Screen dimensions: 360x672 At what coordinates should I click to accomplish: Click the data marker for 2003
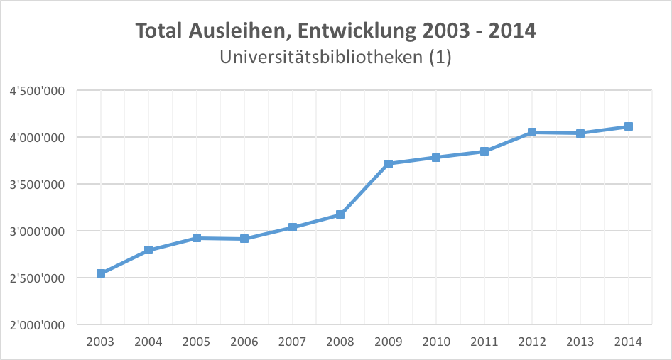pyautogui.click(x=101, y=273)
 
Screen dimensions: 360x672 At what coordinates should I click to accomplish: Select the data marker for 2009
pyautogui.click(x=389, y=164)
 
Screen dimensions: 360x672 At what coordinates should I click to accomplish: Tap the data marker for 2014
pyautogui.click(x=628, y=126)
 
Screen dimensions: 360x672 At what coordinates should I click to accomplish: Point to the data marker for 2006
pyautogui.click(x=244, y=239)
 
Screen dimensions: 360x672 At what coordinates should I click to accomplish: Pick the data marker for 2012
pyautogui.click(x=532, y=132)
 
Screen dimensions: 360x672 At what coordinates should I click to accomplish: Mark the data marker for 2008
pyautogui.click(x=340, y=214)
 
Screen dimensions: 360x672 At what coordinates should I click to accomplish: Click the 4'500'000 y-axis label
pyautogui.click(x=38, y=90)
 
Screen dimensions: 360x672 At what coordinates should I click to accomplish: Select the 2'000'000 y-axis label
pyautogui.click(x=38, y=325)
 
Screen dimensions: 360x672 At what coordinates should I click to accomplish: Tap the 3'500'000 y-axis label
pyautogui.click(x=38, y=185)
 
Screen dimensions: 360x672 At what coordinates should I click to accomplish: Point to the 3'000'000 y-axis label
pyautogui.click(x=38, y=231)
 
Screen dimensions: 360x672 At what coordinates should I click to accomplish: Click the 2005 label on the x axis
pyautogui.click(x=197, y=342)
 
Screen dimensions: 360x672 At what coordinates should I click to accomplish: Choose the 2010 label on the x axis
pyautogui.click(x=436, y=342)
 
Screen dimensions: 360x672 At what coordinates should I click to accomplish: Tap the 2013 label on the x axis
pyautogui.click(x=580, y=342)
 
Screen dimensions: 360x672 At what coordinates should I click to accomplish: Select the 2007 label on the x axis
pyautogui.click(x=293, y=342)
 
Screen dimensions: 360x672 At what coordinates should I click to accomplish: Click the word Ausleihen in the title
pyautogui.click(x=239, y=32)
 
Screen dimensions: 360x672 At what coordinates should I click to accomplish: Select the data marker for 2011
pyautogui.click(x=484, y=151)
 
